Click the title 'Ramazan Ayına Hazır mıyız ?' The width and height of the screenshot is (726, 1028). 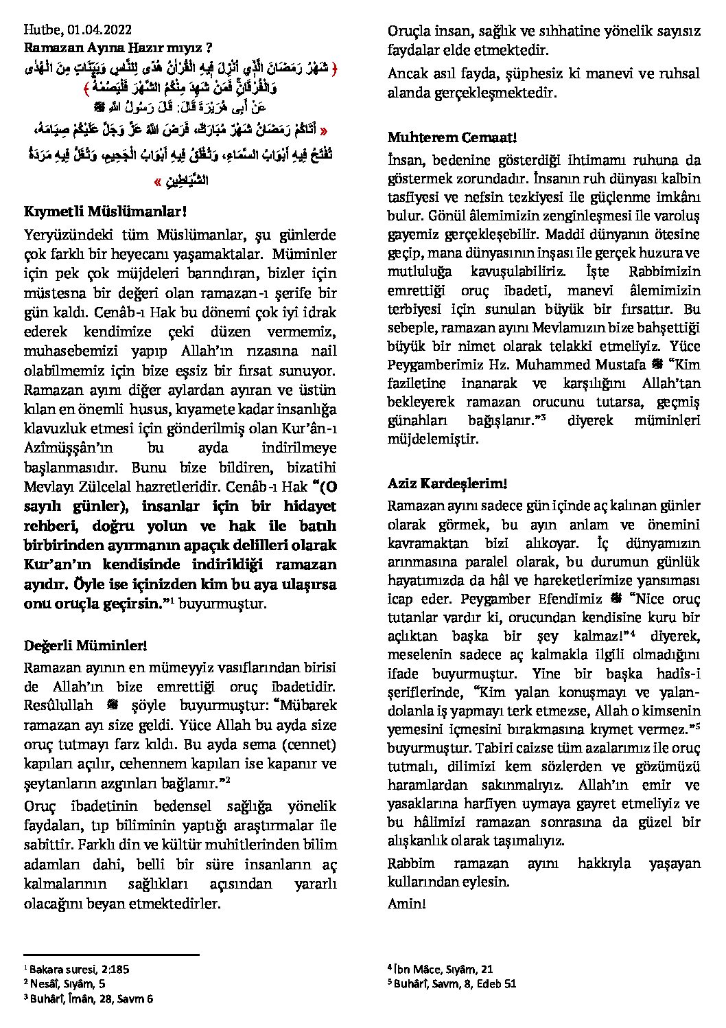click(x=117, y=47)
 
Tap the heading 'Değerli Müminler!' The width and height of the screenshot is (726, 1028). click(x=85, y=646)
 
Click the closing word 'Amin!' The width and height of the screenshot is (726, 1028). click(x=407, y=903)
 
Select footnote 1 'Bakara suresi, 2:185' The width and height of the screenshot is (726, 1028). click(x=79, y=970)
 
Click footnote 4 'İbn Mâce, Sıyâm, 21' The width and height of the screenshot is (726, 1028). click(x=443, y=969)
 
